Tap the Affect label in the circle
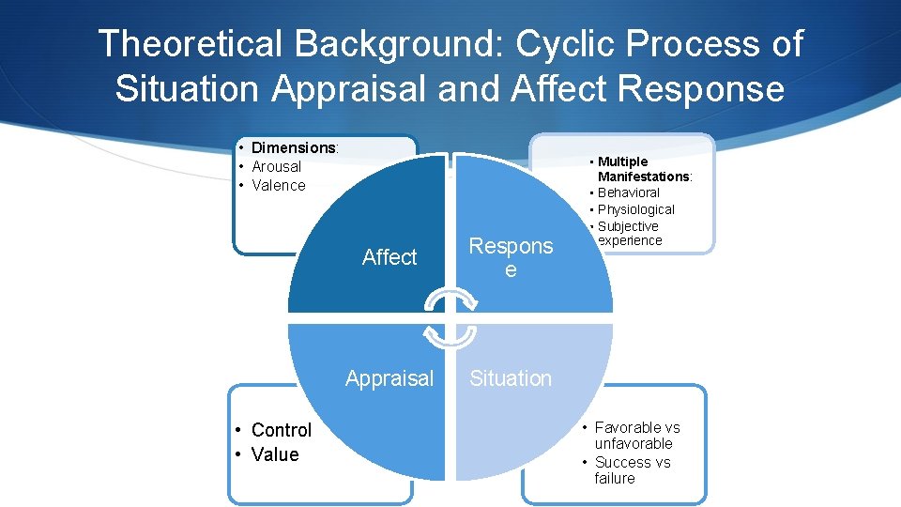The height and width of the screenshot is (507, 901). (x=389, y=257)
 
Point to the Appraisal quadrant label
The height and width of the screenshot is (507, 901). (x=389, y=378)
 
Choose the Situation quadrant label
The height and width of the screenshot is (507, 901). (x=511, y=378)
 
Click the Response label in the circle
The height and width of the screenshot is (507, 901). (x=511, y=257)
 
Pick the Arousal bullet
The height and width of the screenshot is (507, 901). (x=276, y=166)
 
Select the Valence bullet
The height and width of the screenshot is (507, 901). (x=279, y=185)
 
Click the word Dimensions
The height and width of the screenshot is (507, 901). (x=294, y=147)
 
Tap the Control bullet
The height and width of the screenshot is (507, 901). (x=281, y=430)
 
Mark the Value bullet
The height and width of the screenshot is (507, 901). (x=275, y=454)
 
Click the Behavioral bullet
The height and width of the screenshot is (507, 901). (x=628, y=192)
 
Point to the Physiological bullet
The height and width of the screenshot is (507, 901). (x=635, y=209)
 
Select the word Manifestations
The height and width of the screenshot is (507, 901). (x=644, y=177)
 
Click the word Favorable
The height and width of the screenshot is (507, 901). (x=623, y=427)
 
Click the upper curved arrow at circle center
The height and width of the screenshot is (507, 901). (x=450, y=300)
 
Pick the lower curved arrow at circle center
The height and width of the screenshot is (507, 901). (x=450, y=335)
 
